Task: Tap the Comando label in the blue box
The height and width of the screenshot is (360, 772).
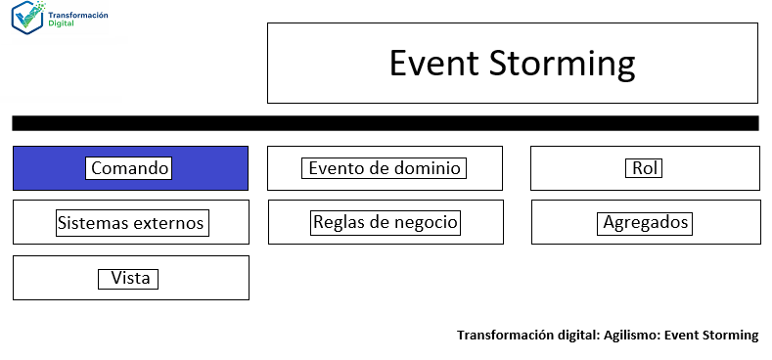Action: [130, 168]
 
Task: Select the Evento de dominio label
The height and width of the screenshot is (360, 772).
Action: [384, 168]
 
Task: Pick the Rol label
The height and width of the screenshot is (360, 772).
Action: [644, 168]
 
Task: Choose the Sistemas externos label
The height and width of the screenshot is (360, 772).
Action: [130, 223]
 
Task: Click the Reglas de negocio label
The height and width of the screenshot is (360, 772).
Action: [385, 222]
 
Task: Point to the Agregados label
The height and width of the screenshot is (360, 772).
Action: [646, 222]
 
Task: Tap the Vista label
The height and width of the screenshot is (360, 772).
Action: [130, 279]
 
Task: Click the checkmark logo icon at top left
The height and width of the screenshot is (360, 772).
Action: [28, 19]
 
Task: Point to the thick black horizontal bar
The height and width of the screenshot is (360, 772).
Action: [385, 123]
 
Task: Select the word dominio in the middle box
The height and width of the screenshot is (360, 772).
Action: [428, 168]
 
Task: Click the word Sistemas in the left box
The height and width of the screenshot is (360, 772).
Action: [92, 223]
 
